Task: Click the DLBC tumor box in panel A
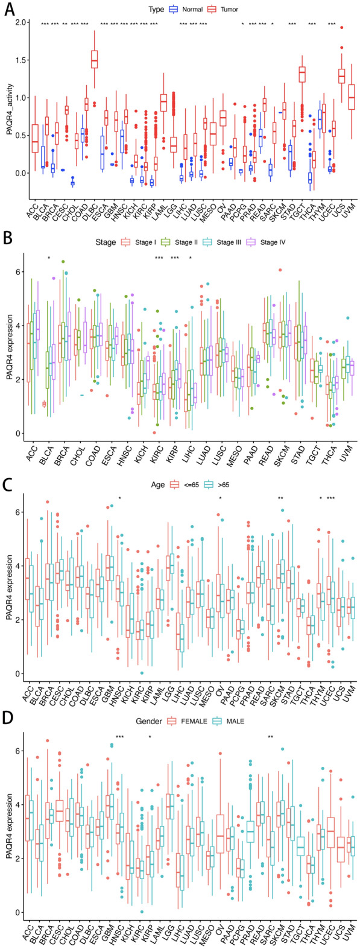tap(94, 60)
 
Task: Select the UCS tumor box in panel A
tap(341, 76)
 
